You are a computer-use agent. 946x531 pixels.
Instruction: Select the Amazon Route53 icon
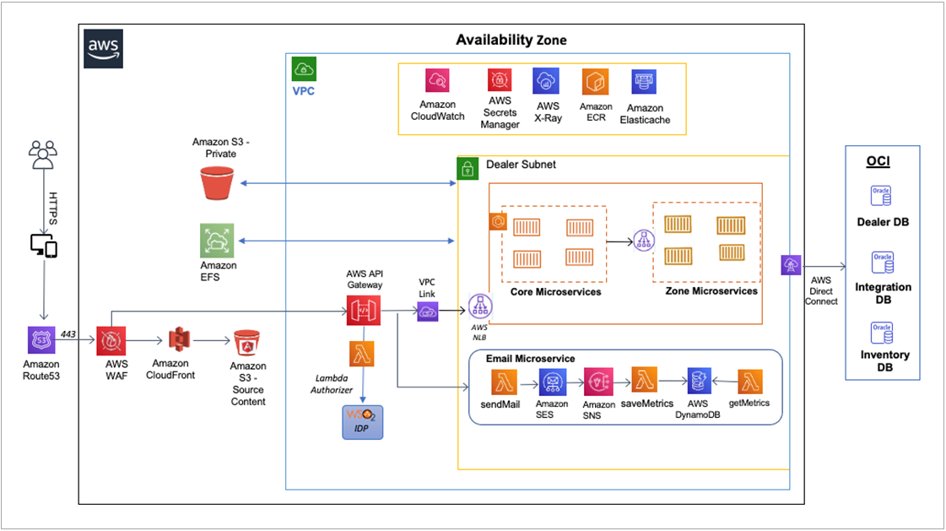point(41,341)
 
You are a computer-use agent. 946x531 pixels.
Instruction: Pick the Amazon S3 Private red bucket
point(217,183)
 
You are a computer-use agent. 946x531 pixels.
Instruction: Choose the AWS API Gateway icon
point(362,312)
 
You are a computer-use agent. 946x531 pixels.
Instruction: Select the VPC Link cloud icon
point(428,312)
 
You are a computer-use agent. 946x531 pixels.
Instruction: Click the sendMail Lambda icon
point(505,382)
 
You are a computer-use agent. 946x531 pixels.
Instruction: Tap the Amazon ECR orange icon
point(595,82)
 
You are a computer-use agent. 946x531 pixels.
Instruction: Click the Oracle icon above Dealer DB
point(882,196)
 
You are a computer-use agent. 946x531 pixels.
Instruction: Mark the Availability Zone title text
point(511,40)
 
